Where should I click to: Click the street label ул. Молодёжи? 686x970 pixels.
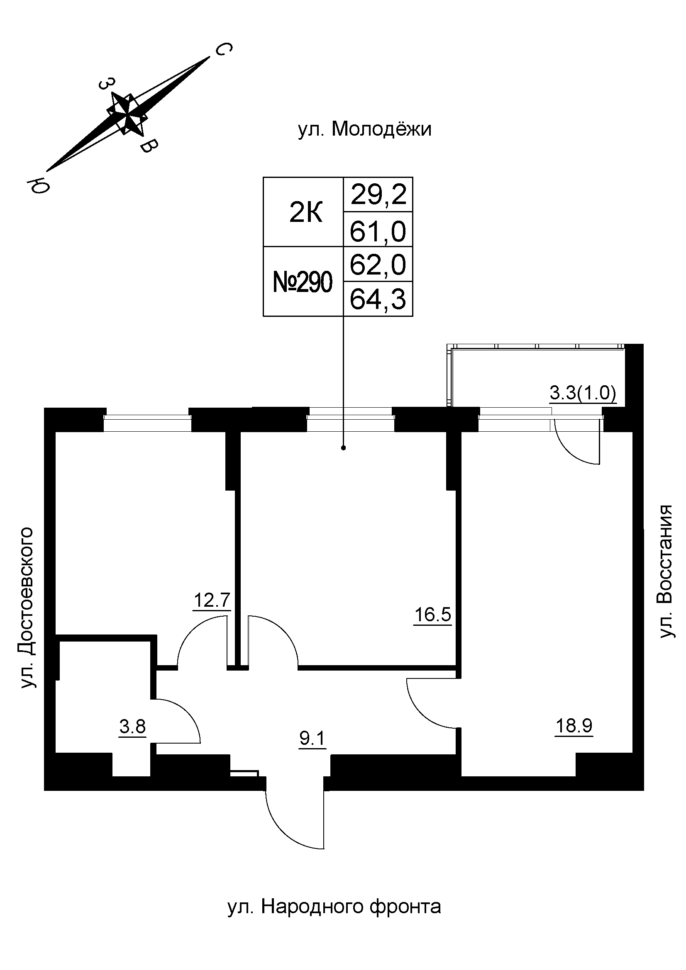[364, 129]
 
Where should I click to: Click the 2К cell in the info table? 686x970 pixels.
[305, 214]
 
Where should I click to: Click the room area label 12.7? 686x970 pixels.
[212, 600]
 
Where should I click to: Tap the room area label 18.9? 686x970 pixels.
[574, 726]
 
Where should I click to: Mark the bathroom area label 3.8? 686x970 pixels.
[132, 727]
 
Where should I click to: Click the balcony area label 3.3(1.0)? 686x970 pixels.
[583, 394]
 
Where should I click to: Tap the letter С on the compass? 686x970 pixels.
[223, 50]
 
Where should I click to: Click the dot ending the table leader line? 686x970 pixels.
[343, 448]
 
